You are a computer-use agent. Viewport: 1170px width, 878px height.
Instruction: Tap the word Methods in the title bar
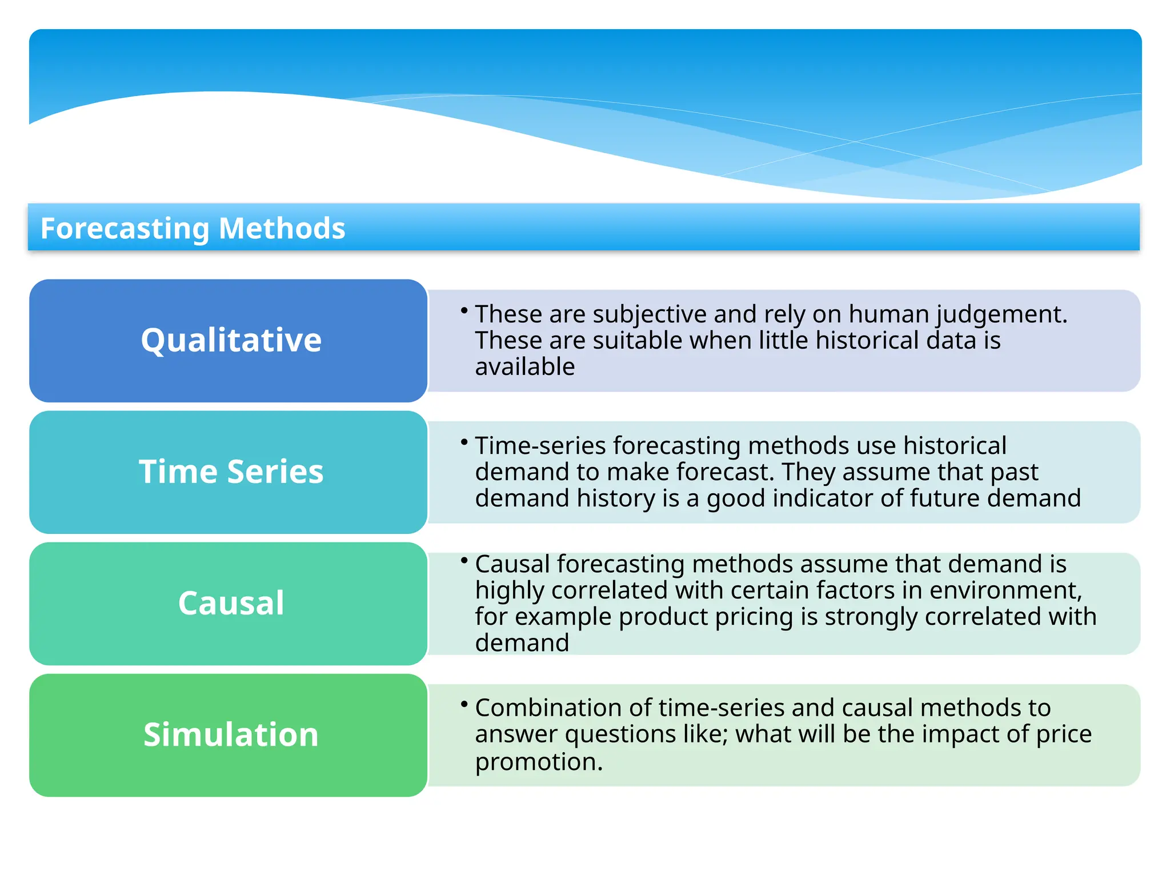pos(282,229)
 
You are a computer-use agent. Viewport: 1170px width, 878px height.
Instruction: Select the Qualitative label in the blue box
pos(231,340)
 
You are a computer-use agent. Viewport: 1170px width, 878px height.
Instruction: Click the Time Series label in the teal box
pos(231,472)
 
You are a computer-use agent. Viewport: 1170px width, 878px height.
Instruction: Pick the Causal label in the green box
pos(231,603)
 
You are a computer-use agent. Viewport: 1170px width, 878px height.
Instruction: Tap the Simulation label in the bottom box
pos(231,735)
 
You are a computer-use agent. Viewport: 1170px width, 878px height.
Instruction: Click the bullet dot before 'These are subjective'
pos(464,310)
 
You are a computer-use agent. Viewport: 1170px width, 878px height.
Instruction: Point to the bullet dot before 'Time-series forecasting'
pos(464,442)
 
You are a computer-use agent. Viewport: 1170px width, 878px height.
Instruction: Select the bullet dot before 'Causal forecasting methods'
pos(464,560)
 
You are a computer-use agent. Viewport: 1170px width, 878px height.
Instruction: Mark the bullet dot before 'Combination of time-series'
pos(464,704)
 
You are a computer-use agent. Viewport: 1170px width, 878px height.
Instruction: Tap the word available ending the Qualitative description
pos(524,367)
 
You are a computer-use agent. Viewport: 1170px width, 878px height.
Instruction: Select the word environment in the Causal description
pos(1005,590)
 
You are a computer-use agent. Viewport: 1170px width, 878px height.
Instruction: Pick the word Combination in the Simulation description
pos(548,708)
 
